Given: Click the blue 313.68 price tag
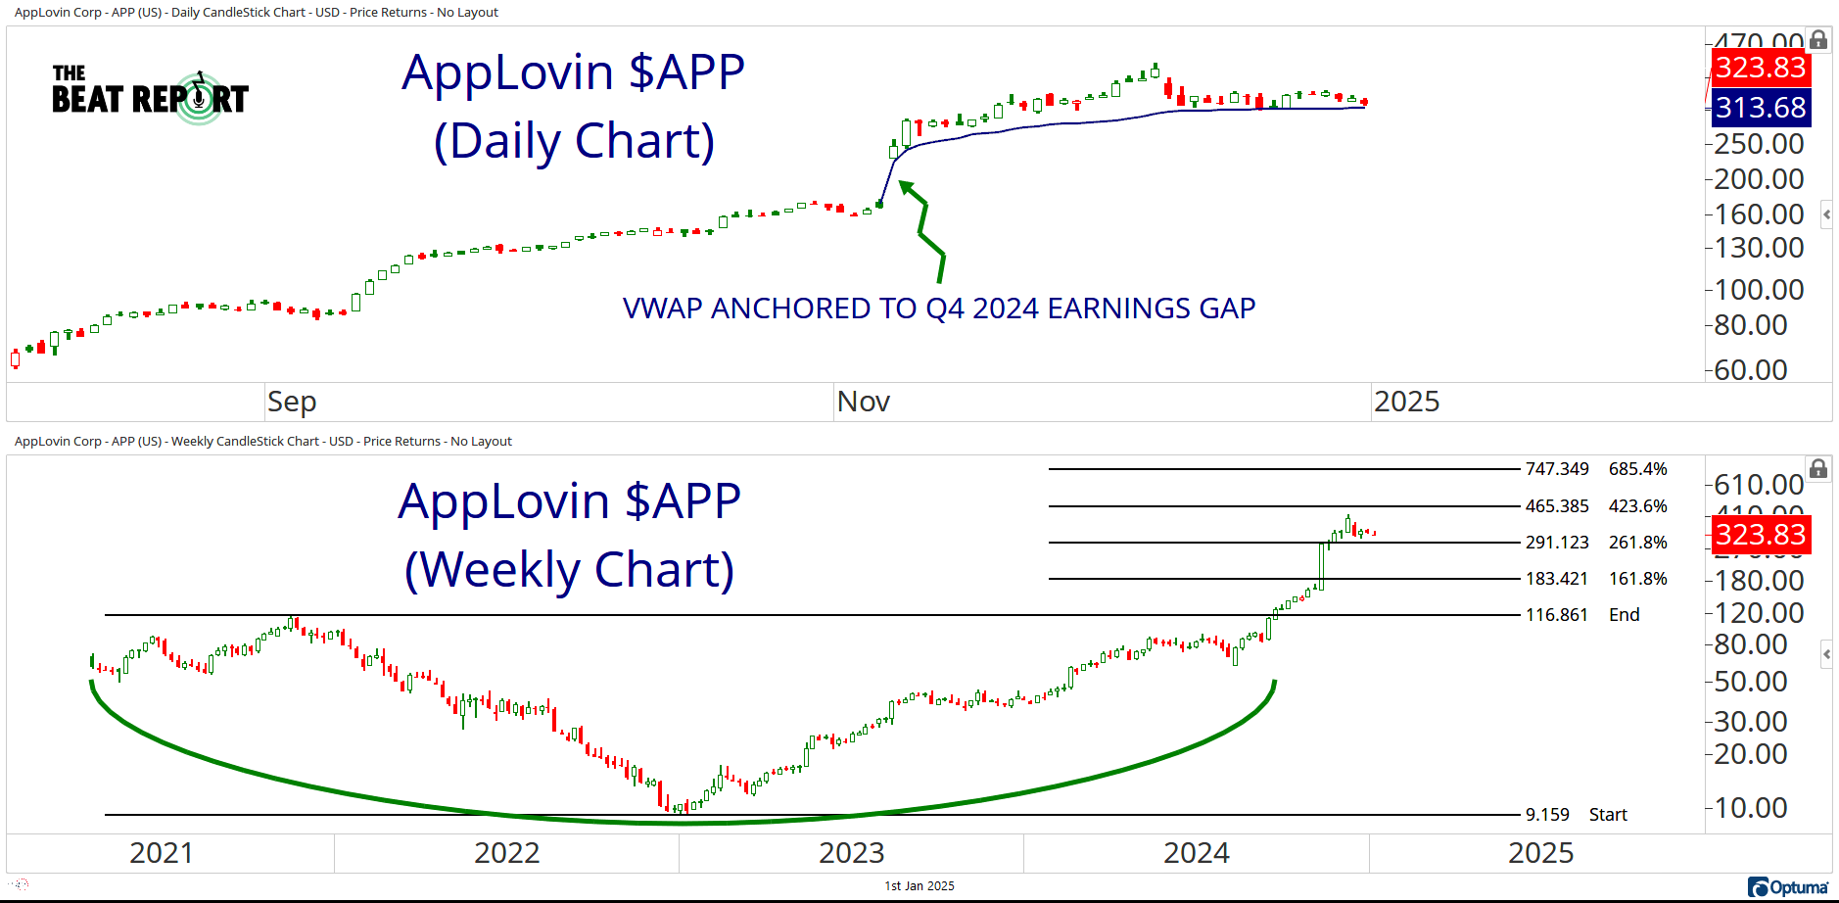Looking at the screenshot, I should (x=1760, y=108).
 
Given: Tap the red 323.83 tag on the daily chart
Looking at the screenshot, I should (x=1760, y=68).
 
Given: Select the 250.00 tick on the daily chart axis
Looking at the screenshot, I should (x=1759, y=144).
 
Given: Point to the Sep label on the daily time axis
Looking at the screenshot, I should (x=292, y=402).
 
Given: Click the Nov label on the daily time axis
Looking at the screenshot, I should (x=863, y=402).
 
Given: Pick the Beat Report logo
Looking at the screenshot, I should (x=150, y=96).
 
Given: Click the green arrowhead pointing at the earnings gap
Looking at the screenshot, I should (x=906, y=187).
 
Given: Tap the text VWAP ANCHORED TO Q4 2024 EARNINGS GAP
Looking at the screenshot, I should (x=938, y=309).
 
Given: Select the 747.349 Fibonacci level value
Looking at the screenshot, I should (x=1556, y=469).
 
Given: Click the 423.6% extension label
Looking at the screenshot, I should (x=1637, y=506).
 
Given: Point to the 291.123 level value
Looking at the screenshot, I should (x=1556, y=543).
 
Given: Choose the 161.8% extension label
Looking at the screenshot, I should (x=1637, y=579).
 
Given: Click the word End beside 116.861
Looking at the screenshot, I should (x=1624, y=615).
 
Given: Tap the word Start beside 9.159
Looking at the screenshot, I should (x=1608, y=815).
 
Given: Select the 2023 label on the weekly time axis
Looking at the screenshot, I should (x=851, y=853).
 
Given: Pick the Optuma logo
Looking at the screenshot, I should (x=1788, y=887).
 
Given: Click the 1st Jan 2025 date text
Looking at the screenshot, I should (x=919, y=886).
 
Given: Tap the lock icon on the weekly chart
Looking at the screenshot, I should (x=1818, y=469).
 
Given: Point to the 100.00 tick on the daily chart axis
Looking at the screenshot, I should (x=1759, y=290).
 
